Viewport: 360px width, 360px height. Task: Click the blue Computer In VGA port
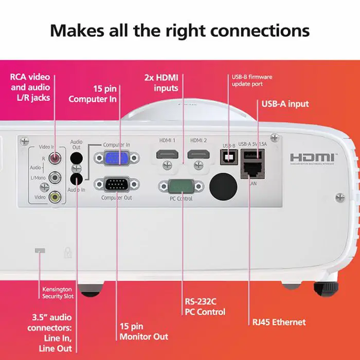(x=116, y=158)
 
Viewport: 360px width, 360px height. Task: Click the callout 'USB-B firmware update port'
(x=251, y=80)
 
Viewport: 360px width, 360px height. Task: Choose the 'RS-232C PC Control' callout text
(x=205, y=307)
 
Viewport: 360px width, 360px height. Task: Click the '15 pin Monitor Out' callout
(x=143, y=331)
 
